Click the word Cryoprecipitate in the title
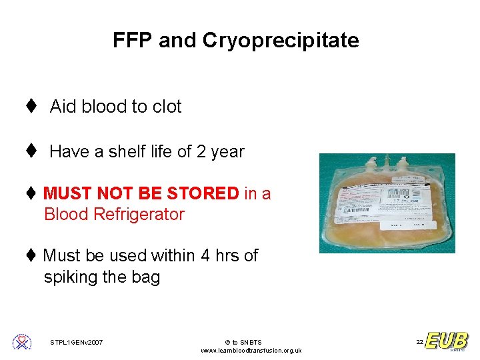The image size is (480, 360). point(280,41)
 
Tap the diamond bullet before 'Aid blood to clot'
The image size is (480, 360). point(31,107)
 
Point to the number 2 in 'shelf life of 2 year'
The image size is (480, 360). point(201,151)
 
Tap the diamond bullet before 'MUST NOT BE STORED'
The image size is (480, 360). point(31,194)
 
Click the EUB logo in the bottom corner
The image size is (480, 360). point(447,341)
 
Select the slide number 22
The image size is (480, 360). point(419,342)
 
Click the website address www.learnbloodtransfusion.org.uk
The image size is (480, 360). point(251,351)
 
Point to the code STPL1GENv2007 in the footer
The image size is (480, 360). point(76,343)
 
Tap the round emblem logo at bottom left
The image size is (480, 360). point(22,342)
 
